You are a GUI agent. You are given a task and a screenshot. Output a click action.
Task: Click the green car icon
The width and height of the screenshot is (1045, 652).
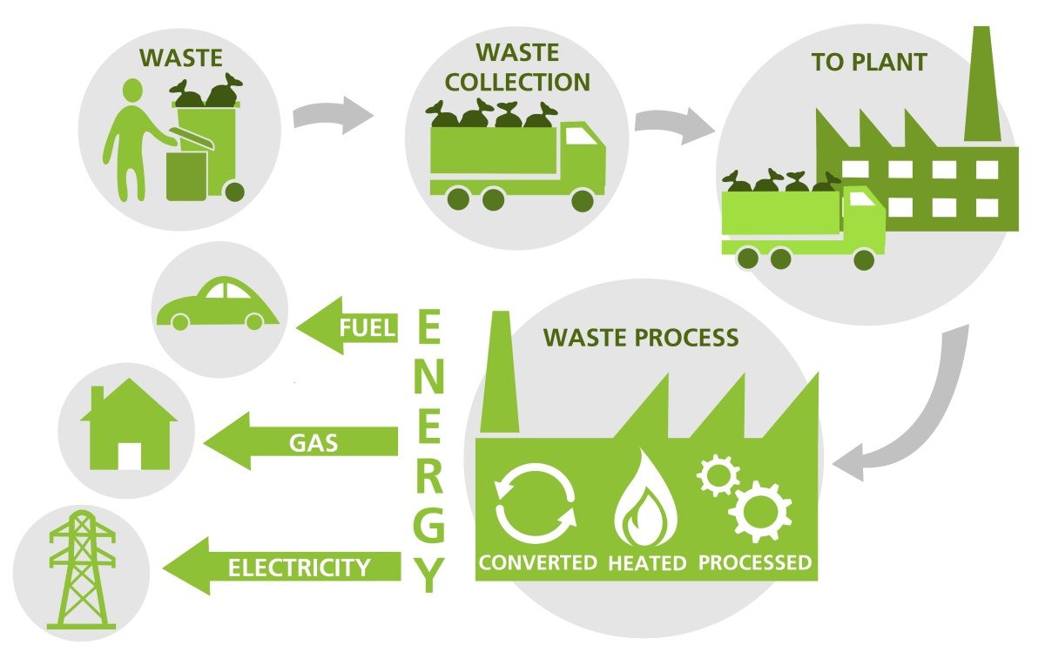coord(216,306)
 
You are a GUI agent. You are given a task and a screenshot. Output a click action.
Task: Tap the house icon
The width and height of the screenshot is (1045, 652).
coord(129,428)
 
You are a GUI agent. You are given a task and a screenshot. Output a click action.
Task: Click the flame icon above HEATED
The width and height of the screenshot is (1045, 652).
coord(645,500)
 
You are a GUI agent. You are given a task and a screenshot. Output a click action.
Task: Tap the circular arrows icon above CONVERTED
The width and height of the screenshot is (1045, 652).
coord(535,503)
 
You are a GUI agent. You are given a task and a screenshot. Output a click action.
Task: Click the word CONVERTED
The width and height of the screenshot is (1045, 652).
coord(537,562)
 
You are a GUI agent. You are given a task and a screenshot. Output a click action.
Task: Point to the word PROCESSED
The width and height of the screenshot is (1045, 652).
coord(754,562)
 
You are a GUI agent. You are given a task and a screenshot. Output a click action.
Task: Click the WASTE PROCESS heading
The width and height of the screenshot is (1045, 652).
coord(641,337)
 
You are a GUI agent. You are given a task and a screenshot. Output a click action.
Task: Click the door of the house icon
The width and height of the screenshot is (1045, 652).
coord(130,455)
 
